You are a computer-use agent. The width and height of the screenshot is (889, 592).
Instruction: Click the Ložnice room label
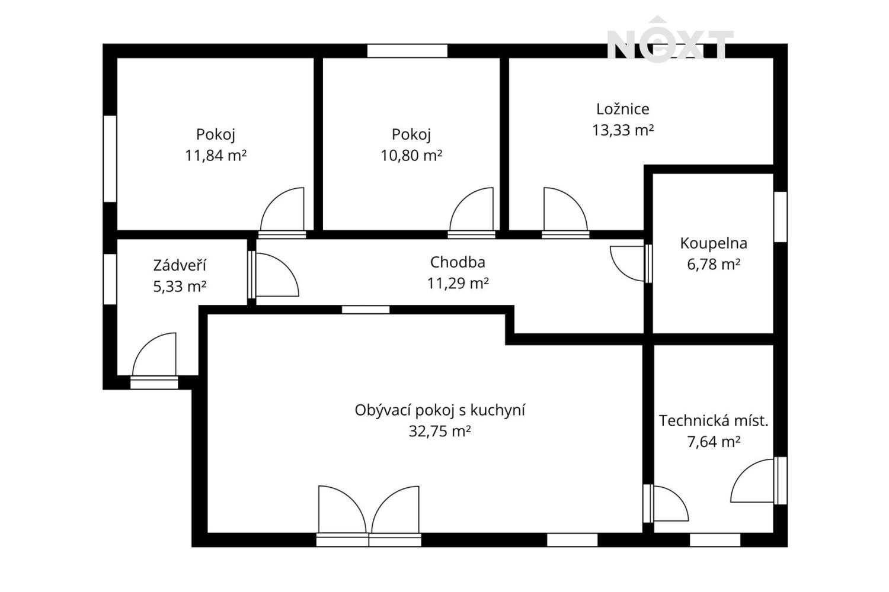[623, 109]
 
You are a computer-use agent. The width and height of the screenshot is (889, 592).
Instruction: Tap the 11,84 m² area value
[216, 155]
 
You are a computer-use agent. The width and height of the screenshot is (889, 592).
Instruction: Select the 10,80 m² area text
[411, 155]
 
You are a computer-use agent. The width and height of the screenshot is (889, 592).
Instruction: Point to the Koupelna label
[714, 243]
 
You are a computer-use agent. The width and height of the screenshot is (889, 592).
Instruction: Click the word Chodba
[458, 262]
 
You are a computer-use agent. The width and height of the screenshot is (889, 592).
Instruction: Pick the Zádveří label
[180, 265]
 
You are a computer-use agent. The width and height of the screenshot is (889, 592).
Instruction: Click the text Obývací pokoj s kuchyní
[440, 410]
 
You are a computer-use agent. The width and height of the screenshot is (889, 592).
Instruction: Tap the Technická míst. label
[714, 421]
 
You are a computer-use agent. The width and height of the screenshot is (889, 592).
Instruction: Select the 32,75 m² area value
[440, 431]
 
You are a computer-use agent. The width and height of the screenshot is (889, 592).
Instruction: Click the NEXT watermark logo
[670, 40]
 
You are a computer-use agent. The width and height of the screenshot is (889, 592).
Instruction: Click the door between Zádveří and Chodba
[274, 275]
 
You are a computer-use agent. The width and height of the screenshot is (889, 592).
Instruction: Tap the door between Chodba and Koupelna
[630, 263]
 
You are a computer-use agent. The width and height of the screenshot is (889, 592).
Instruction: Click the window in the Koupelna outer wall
[781, 217]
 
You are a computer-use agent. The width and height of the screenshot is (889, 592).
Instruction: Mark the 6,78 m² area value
[714, 264]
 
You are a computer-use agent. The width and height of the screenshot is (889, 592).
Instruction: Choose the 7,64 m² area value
[714, 442]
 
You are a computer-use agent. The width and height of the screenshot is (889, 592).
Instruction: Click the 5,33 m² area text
[180, 287]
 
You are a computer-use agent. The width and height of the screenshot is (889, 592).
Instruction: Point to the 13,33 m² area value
[623, 130]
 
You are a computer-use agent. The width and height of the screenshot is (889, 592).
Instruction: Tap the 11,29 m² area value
[458, 283]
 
